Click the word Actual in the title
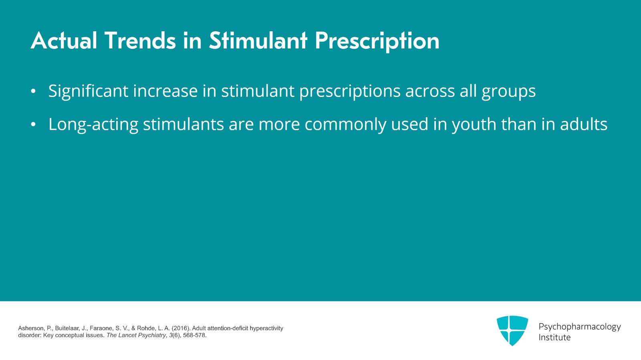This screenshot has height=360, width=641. click(64, 41)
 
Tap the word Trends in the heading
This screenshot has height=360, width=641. click(140, 41)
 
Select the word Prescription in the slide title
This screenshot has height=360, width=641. click(377, 42)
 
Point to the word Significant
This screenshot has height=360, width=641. click(88, 91)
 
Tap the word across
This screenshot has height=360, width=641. click(430, 91)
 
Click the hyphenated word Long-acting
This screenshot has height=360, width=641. click(93, 125)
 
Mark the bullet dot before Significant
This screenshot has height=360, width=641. click(33, 92)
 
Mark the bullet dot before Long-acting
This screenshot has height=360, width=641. click(33, 125)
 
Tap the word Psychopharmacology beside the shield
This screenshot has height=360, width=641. click(579, 327)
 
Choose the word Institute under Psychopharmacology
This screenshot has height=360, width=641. click(554, 338)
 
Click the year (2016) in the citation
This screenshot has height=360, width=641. click(180, 328)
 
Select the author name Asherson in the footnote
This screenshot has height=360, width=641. click(30, 328)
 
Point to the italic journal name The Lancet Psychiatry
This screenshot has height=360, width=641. click(136, 336)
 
